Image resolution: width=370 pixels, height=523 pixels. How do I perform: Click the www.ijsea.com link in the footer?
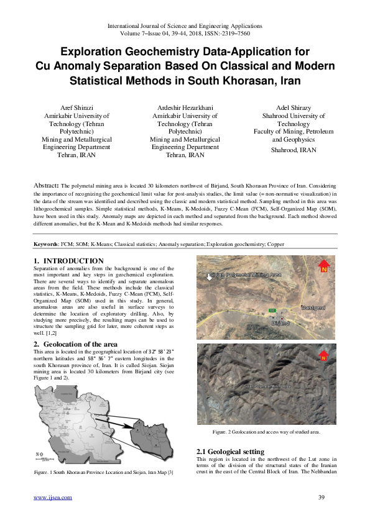click(53, 497)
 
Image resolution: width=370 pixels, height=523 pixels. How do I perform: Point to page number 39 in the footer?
click(321, 497)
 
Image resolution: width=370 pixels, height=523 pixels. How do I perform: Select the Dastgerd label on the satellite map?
click(313, 307)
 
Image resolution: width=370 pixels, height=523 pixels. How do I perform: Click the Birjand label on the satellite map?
click(281, 324)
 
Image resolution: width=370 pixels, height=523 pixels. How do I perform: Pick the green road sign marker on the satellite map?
click(272, 309)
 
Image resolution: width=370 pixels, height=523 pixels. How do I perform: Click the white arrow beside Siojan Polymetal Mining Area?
click(210, 277)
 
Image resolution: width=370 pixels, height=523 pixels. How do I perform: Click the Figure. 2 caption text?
click(267, 431)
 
